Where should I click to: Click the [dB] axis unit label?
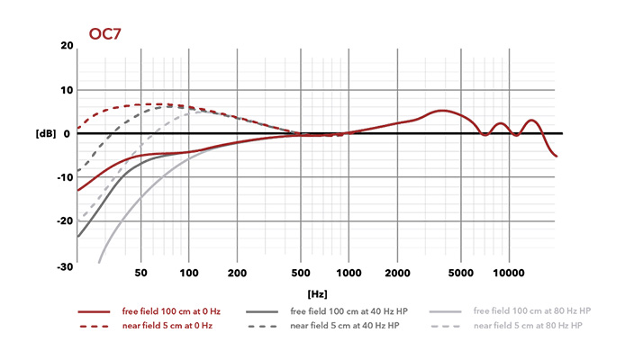point(46,133)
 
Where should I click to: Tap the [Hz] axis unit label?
point(317,293)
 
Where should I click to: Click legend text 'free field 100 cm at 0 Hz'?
point(171,310)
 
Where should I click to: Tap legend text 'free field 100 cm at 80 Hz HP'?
point(531,310)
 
